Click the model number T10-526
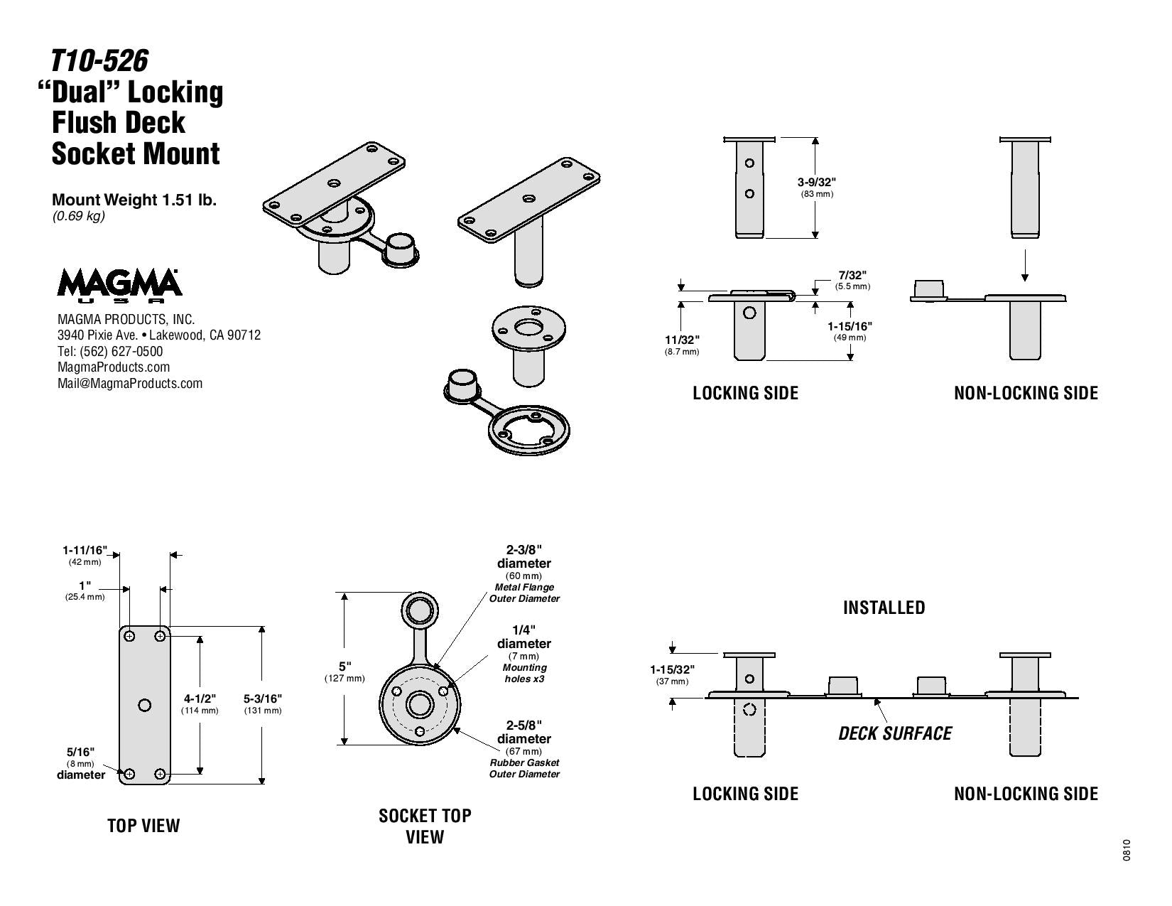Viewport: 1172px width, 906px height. [99, 60]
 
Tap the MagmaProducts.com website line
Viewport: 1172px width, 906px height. [114, 367]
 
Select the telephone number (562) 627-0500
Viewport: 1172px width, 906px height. [121, 351]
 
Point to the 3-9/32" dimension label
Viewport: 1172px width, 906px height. [817, 183]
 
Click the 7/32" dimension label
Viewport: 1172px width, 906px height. [852, 275]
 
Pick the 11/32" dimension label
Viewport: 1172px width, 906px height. [682, 340]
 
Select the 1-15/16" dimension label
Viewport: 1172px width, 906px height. [850, 326]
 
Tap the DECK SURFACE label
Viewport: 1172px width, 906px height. [895, 733]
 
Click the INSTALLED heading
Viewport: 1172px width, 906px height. [884, 608]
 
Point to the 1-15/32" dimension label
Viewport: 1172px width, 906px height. [672, 669]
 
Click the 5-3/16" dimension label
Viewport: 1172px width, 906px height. [263, 699]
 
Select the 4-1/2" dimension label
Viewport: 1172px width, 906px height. [200, 699]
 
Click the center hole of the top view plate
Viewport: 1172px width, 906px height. [144, 705]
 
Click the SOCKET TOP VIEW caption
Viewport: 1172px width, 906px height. [425, 826]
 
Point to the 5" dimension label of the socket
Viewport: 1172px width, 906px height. [344, 667]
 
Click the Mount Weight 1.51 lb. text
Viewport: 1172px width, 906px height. [134, 200]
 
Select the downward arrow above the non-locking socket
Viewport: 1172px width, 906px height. [1025, 265]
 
